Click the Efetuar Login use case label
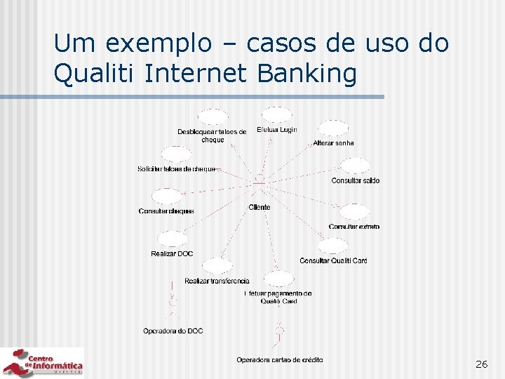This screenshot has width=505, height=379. coord(277,130)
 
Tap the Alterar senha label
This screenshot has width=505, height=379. coord(333,143)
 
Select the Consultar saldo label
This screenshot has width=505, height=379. coord(356,181)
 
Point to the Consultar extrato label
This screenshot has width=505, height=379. coord(354,227)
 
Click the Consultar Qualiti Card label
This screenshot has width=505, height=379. coord(333,261)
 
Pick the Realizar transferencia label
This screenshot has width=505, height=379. coord(217,281)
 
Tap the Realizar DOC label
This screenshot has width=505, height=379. coord(172,254)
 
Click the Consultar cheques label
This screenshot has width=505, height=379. coord(166,211)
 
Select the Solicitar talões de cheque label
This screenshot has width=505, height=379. coord(176,169)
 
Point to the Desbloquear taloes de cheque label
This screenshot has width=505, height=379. coord(212,135)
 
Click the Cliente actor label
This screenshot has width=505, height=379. coord(260,208)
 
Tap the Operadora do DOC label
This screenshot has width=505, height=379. coord(173,331)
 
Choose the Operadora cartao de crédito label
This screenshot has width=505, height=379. coord(280,360)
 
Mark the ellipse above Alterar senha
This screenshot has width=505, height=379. coord(332,128)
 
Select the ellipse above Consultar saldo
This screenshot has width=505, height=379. coord(355,166)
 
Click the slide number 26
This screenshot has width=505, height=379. coord(481,364)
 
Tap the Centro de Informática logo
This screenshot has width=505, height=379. coord(42,362)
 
